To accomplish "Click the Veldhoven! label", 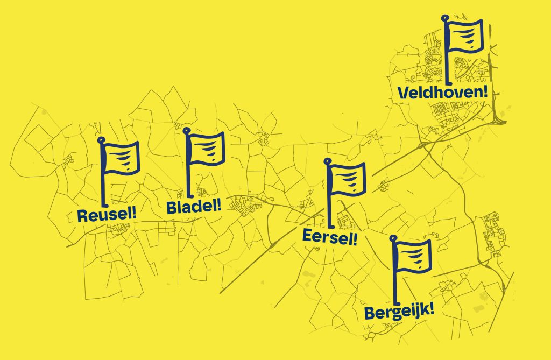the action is (x=443, y=93).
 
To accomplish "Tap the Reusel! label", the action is (x=107, y=215).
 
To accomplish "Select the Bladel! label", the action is (x=194, y=207).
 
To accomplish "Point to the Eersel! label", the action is (x=330, y=237).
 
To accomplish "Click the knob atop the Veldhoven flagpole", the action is (x=445, y=18).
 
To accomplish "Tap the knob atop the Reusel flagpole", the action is (x=101, y=140).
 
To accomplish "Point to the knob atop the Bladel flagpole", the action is (x=186, y=130).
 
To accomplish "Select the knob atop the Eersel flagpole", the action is (x=327, y=161).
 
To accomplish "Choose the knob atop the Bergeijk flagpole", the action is (x=393, y=238).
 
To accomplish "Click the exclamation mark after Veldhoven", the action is (x=486, y=92).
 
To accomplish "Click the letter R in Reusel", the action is (x=82, y=216).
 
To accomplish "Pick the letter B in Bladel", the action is (x=172, y=208).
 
